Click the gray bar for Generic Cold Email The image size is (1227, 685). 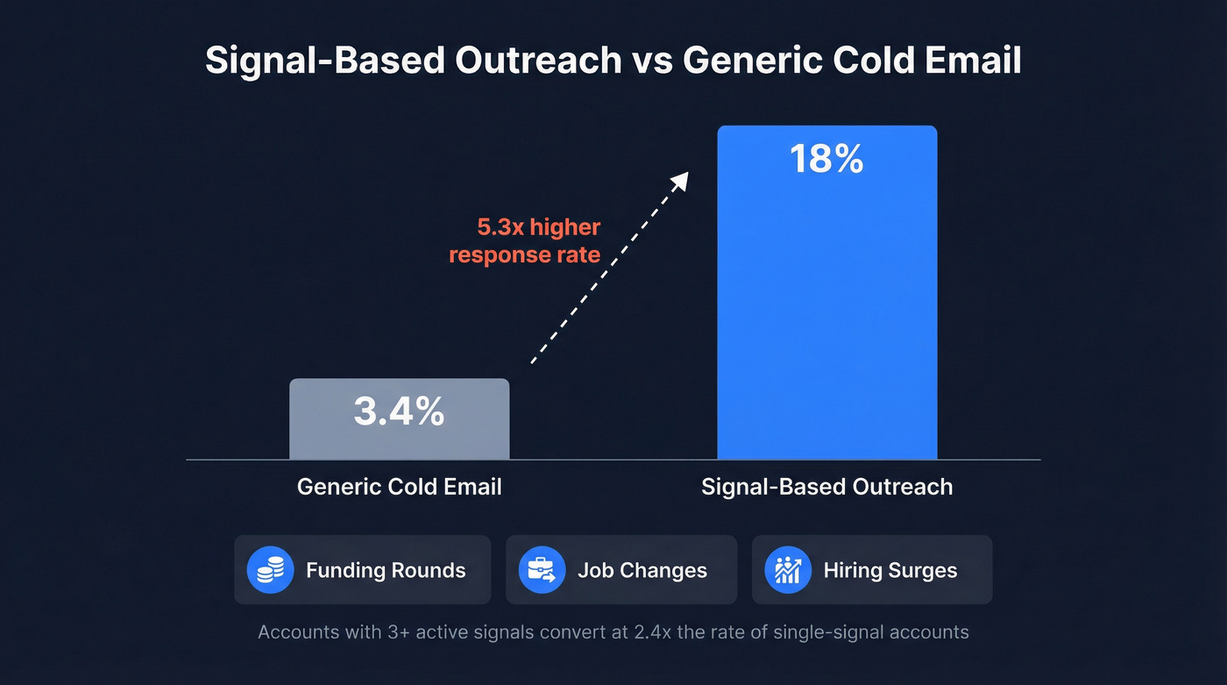click(x=399, y=439)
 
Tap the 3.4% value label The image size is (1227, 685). click(x=399, y=411)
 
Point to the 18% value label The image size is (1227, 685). click(x=826, y=160)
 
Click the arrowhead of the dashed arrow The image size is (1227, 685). click(x=679, y=181)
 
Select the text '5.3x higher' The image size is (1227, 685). click(x=538, y=228)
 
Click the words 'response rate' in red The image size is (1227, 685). click(x=524, y=255)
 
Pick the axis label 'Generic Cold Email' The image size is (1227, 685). click(x=399, y=487)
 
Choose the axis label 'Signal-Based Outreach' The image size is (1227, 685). click(x=826, y=487)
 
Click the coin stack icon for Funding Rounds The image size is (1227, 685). click(x=270, y=570)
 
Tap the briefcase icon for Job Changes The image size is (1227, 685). click(x=542, y=570)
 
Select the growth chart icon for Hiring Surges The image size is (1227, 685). click(x=788, y=570)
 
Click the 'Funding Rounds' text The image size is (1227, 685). click(x=386, y=570)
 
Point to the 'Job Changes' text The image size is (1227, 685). click(x=642, y=570)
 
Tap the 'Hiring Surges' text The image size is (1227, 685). click(x=890, y=570)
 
